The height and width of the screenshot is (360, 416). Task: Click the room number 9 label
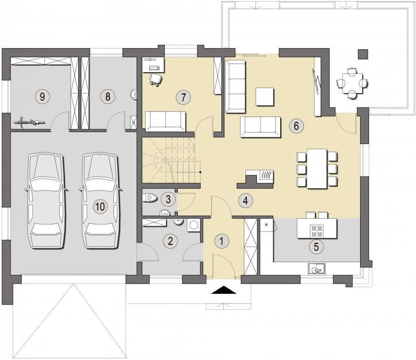(42, 97)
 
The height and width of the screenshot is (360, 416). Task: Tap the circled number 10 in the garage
(100, 206)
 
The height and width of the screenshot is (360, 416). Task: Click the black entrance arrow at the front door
(223, 290)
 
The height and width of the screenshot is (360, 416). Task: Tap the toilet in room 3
(150, 198)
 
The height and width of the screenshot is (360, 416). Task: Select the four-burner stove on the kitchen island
(317, 231)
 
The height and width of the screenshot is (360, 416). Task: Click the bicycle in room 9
(29, 122)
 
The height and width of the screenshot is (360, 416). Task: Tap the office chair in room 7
(156, 80)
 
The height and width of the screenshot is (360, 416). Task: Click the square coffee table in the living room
(265, 97)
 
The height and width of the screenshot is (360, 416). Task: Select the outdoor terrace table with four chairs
(352, 83)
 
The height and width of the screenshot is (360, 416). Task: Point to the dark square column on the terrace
(363, 54)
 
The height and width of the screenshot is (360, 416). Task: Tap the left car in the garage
(46, 201)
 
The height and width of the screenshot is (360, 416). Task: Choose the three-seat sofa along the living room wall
(235, 87)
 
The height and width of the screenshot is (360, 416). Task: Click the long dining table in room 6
(317, 169)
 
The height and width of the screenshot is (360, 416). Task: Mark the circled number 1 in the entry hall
(222, 241)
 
